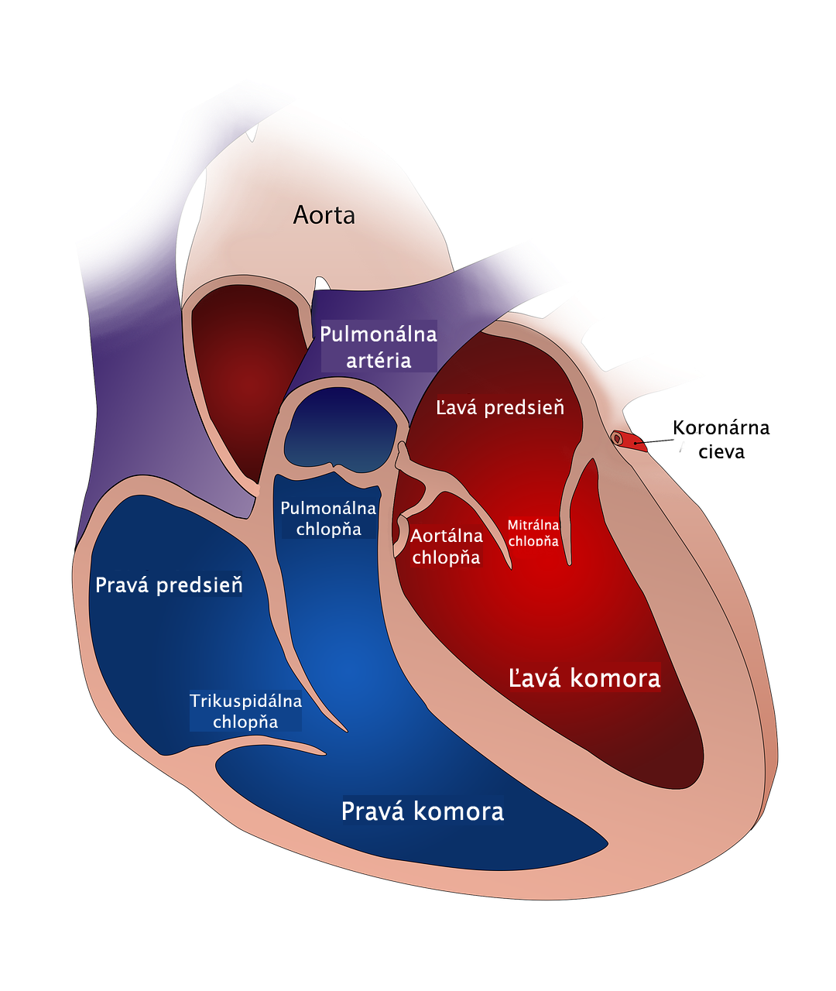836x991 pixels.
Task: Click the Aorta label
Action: pos(324,215)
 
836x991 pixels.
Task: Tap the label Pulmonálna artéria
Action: pos(379,347)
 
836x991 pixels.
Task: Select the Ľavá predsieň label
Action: pos(499,407)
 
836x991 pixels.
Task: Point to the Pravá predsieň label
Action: pos(169,585)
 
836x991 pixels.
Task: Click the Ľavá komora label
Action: pos(584,678)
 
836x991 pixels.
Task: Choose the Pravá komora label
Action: pos(423,811)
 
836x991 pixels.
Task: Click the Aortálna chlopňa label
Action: pos(447,546)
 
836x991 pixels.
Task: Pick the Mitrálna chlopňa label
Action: pos(533,533)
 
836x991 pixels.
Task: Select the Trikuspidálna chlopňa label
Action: pos(245,712)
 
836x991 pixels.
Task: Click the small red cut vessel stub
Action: pos(629,441)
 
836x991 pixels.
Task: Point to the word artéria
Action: pos(379,361)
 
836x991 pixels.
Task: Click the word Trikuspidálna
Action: pos(245,701)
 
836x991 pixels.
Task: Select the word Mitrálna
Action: pos(533,525)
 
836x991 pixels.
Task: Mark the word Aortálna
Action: pos(447,536)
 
